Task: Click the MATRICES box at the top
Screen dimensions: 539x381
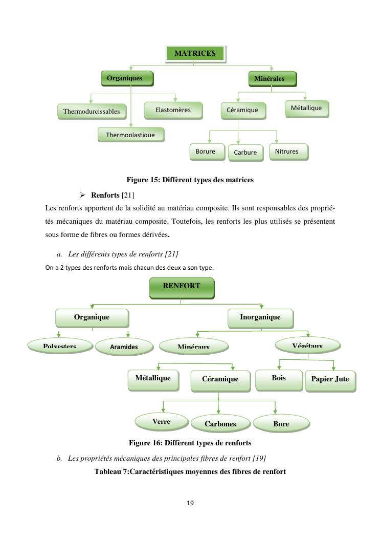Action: (x=195, y=53)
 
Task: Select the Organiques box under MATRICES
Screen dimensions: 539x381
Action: (x=127, y=78)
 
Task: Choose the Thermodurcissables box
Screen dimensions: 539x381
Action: (x=92, y=111)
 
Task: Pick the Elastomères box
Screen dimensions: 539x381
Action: (x=173, y=110)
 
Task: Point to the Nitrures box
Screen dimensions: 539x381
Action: (x=288, y=152)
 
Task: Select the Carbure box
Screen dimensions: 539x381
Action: (x=245, y=153)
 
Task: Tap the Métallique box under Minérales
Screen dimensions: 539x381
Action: (x=306, y=108)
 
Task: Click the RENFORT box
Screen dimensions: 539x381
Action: (x=182, y=287)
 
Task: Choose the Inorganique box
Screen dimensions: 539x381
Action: (x=260, y=317)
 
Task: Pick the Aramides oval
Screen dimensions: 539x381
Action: (x=124, y=347)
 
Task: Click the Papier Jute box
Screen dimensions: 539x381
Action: (x=330, y=380)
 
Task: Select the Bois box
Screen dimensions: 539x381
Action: (x=279, y=378)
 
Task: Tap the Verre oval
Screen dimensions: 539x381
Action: (x=161, y=422)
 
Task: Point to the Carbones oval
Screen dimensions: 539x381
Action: (x=220, y=424)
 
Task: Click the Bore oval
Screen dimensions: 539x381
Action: (x=281, y=424)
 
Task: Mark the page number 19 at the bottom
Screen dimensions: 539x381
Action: (x=190, y=503)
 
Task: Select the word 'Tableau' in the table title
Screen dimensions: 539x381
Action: (x=108, y=471)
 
